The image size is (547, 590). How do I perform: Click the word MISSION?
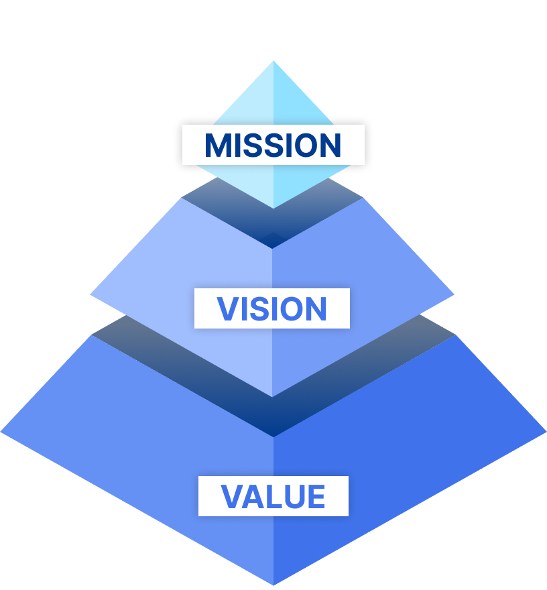273,145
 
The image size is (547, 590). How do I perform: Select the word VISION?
271,309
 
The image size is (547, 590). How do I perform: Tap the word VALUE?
273,496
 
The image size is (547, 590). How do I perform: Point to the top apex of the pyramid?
273,61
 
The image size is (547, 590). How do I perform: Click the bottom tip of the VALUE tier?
273,585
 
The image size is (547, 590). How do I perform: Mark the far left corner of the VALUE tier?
1,432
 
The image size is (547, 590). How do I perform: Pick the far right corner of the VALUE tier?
546,432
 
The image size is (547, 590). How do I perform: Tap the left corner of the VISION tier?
90,294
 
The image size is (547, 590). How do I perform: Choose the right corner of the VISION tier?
454,294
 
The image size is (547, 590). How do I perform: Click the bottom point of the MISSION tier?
273,208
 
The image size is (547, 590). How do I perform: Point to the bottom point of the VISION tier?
272,397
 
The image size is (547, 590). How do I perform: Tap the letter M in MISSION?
215,145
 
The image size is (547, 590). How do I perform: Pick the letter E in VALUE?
316,496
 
